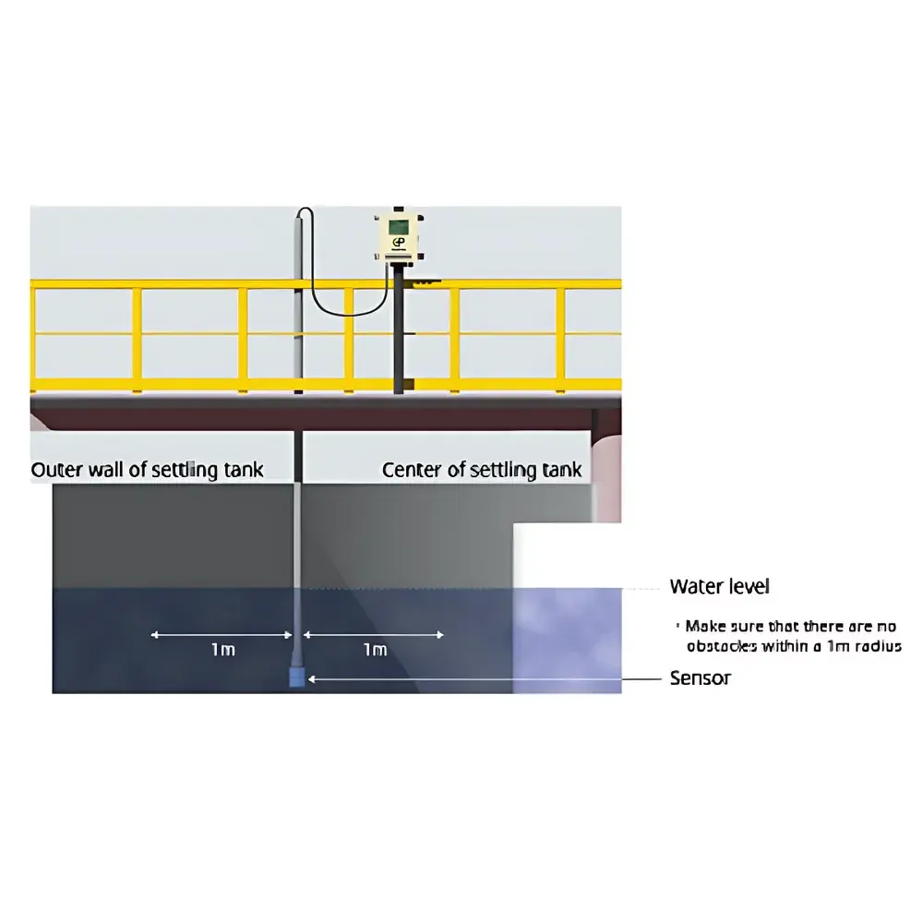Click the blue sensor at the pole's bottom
pyautogui.click(x=297, y=677)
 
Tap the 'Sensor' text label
pyautogui.click(x=701, y=678)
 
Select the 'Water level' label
pyautogui.click(x=719, y=586)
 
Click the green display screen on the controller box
pyautogui.click(x=399, y=227)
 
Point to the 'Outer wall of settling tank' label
pyautogui.click(x=147, y=470)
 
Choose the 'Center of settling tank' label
pyautogui.click(x=482, y=470)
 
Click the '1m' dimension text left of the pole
pyautogui.click(x=223, y=649)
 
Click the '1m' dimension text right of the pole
pyautogui.click(x=375, y=649)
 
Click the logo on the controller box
pyautogui.click(x=399, y=243)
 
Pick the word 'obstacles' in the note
pyautogui.click(x=722, y=646)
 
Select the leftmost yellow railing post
pyautogui.click(x=32, y=336)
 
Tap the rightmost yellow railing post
pyautogui.click(x=560, y=336)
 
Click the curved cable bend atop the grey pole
pyautogui.click(x=305, y=212)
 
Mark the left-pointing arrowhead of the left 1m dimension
pyautogui.click(x=155, y=635)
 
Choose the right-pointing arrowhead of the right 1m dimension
pyautogui.click(x=439, y=635)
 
